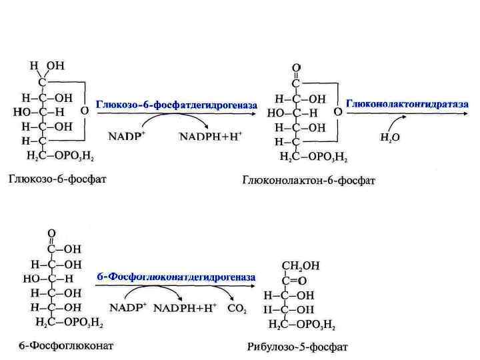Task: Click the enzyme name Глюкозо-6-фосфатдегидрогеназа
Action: click(177, 105)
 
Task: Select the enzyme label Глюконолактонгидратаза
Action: click(407, 105)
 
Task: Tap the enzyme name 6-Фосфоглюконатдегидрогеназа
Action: click(176, 277)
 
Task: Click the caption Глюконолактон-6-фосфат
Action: click(309, 181)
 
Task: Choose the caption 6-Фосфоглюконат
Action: click(65, 346)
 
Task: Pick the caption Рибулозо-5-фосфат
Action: click(297, 347)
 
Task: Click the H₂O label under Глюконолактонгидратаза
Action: click(390, 139)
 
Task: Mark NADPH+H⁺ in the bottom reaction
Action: click(185, 309)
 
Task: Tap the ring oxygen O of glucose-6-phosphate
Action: click(84, 111)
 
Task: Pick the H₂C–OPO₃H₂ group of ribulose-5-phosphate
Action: click(302, 325)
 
